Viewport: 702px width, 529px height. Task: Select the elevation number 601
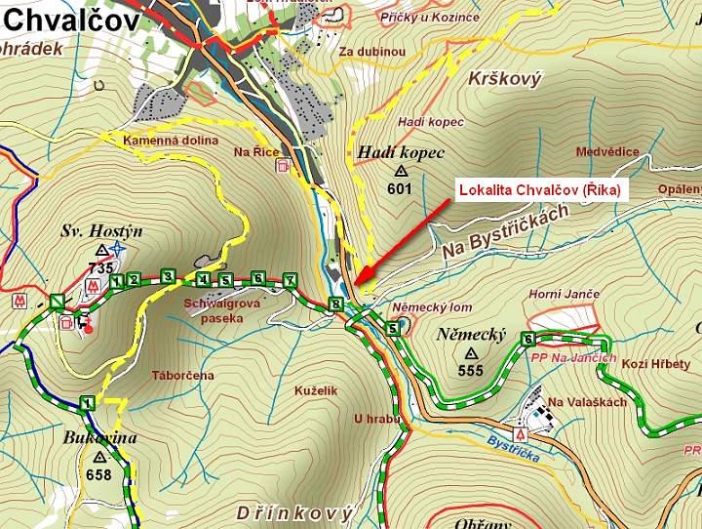[399, 189]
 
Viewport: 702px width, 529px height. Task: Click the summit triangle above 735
[101, 251]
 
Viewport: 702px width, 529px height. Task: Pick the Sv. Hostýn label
[101, 231]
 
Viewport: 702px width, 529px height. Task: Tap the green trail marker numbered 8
[336, 304]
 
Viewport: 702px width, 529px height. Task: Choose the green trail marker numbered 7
[290, 280]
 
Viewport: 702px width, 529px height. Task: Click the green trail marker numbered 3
[168, 278]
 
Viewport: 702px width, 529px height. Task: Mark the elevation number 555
[471, 371]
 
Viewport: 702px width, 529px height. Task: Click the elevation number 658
[99, 474]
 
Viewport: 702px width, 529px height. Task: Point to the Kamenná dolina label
[171, 141]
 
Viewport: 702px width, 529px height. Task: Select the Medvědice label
[607, 151]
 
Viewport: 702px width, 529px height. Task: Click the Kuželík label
[316, 390]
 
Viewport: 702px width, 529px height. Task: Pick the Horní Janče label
[564, 294]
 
